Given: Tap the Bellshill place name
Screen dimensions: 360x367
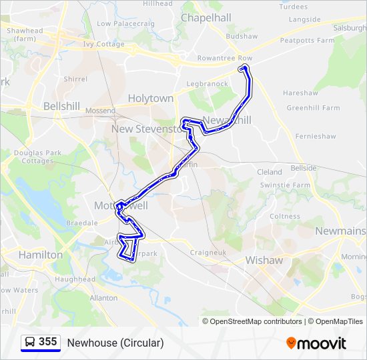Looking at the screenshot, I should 61,106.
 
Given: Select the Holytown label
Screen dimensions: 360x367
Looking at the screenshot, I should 151,98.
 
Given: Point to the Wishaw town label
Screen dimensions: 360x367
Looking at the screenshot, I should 264,260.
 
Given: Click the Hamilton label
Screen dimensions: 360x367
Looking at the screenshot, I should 41,255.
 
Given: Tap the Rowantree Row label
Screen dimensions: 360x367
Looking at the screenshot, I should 224,58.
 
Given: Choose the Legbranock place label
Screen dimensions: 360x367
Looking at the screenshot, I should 207,85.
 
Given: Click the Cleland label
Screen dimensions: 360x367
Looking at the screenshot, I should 270,172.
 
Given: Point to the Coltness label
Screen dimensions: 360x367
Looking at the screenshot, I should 285,217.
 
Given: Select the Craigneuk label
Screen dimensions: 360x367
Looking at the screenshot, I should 208,253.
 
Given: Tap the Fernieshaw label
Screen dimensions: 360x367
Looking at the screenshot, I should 316,136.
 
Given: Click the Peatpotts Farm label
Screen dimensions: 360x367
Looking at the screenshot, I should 307,41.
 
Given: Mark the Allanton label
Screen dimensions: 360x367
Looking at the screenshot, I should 103,298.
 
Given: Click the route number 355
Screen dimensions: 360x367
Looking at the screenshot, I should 47,342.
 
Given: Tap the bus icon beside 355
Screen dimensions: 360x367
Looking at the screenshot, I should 30,343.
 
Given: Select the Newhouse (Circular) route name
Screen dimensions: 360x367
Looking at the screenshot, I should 115,343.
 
